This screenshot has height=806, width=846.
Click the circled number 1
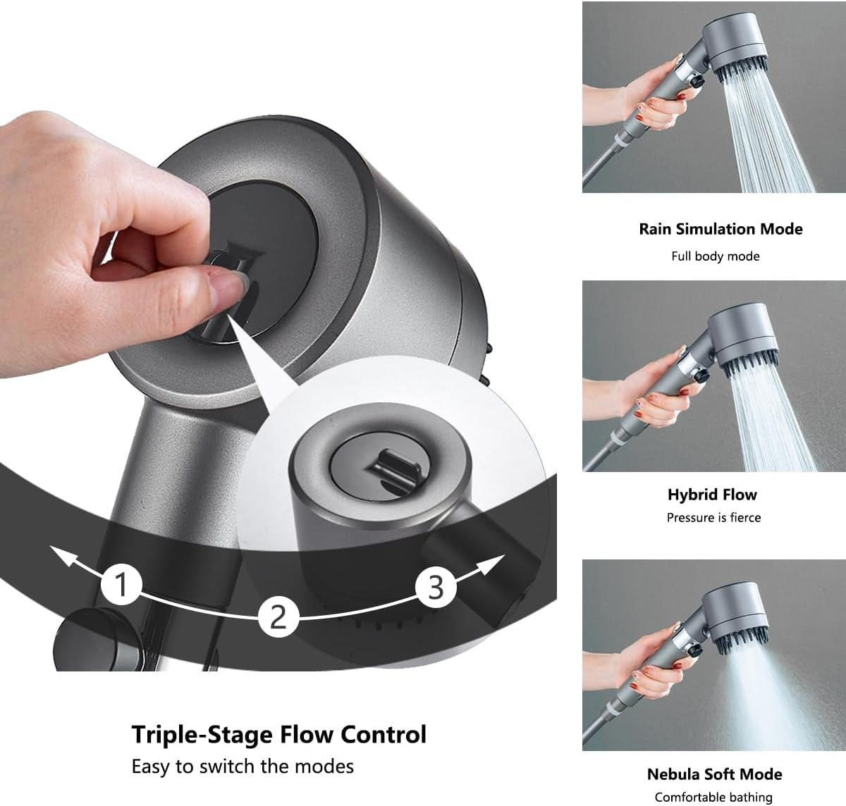(123, 584)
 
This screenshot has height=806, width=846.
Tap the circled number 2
(278, 615)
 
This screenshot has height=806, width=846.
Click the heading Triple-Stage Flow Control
(279, 734)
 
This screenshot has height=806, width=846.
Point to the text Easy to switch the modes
(243, 766)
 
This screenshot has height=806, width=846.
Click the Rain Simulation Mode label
(721, 229)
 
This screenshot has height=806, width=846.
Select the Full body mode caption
(715, 256)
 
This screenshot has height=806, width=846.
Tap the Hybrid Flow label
(712, 495)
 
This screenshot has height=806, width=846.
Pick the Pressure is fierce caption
(713, 518)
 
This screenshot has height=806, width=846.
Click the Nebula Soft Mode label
(714, 774)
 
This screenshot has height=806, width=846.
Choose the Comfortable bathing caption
(713, 798)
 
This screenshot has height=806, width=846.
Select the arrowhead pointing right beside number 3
(496, 560)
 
